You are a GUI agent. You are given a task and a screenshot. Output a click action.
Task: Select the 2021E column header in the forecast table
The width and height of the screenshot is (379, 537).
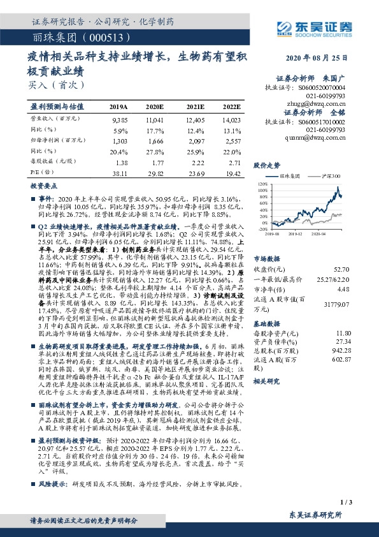(x=196, y=107)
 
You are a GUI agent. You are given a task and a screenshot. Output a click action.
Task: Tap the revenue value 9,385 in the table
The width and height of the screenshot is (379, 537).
(x=120, y=120)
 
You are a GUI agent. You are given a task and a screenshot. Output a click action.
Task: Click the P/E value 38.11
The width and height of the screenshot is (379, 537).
(x=120, y=173)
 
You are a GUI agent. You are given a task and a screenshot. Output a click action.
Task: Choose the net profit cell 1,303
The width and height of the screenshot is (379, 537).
(x=120, y=141)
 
